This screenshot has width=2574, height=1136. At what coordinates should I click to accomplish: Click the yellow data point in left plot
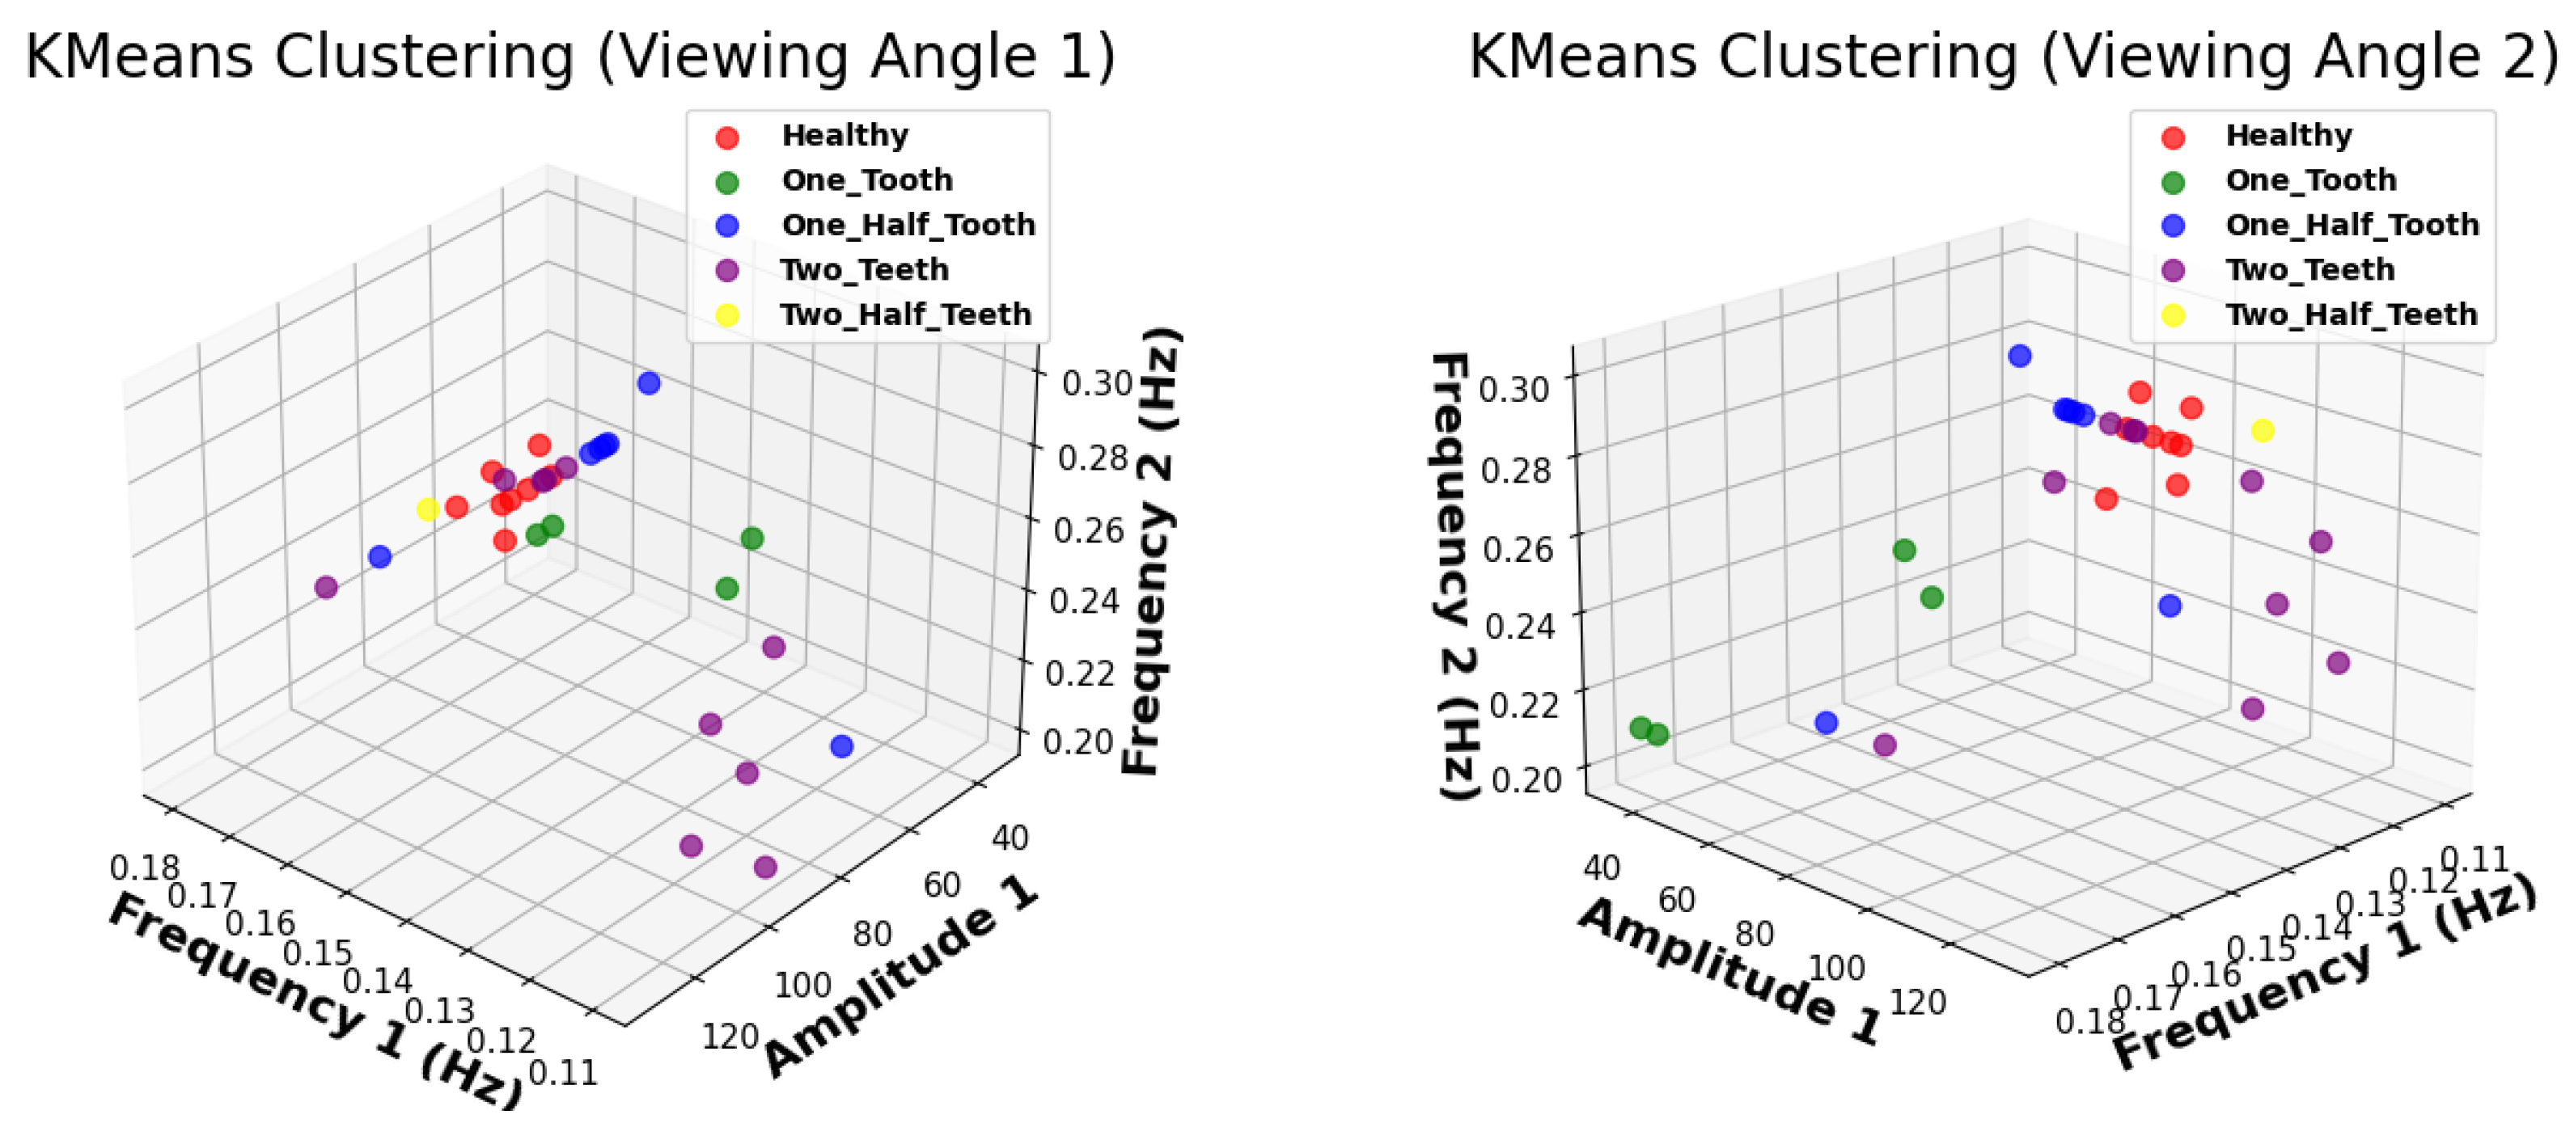[428, 509]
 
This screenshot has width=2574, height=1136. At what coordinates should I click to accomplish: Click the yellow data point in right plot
[2263, 431]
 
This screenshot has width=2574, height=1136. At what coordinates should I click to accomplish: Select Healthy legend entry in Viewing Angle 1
[845, 135]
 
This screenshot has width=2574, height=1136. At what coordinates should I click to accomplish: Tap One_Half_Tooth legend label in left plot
[908, 225]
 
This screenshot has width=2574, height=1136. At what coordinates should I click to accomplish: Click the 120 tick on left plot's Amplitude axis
[730, 1037]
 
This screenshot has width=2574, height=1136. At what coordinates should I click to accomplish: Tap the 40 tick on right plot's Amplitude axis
[1602, 868]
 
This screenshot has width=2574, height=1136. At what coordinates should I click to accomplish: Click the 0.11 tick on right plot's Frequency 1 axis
[2474, 859]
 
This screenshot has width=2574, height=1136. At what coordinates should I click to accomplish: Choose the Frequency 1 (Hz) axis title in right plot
[2323, 974]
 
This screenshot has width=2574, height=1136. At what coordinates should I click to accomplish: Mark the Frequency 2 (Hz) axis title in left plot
[1151, 550]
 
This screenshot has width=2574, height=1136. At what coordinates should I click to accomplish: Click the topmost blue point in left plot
[649, 382]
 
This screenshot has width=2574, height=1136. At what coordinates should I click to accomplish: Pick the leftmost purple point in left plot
[326, 588]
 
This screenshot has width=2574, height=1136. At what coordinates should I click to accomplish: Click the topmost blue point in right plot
[2019, 356]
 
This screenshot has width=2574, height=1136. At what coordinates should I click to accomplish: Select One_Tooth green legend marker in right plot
[2172, 182]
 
